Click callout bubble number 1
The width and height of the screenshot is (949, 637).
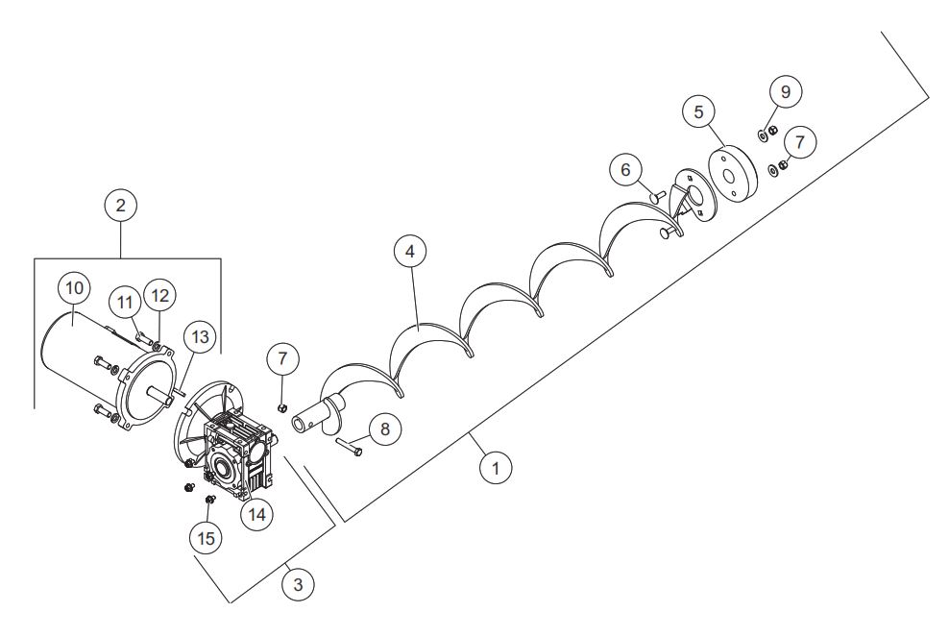(496, 468)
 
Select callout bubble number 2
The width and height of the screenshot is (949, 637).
(120, 206)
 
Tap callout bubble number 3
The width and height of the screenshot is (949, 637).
(298, 584)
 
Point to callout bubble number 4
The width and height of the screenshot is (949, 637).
(410, 251)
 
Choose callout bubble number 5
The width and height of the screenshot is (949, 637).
(699, 112)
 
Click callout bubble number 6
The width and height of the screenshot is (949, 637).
(626, 169)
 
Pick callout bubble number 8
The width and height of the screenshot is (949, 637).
(384, 429)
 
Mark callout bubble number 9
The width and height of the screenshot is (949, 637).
(786, 91)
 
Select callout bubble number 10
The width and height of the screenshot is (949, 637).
(74, 288)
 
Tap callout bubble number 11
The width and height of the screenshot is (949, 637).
(125, 302)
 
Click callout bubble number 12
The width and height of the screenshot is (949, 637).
(159, 296)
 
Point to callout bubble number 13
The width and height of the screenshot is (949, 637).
(200, 336)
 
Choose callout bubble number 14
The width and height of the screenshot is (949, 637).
(256, 514)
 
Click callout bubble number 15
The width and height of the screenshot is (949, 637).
(207, 538)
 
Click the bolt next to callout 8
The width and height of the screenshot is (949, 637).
(350, 447)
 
